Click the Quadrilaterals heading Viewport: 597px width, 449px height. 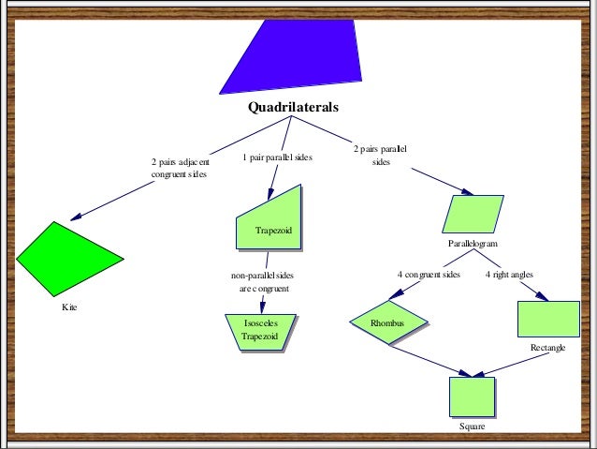(293, 107)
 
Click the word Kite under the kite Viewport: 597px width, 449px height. (69, 307)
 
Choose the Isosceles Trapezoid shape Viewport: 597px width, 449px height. (259, 331)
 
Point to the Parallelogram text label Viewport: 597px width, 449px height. (473, 243)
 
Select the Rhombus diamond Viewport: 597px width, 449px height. (388, 323)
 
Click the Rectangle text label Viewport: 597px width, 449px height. (547, 348)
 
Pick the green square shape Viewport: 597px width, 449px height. (472, 397)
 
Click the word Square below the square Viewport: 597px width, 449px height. (472, 427)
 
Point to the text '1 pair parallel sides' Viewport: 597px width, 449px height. (277, 157)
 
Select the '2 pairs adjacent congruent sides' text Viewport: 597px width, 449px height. (180, 168)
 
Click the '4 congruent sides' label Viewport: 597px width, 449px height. (429, 275)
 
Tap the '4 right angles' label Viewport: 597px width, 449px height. (509, 275)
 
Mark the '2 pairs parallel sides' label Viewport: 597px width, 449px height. (379, 156)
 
